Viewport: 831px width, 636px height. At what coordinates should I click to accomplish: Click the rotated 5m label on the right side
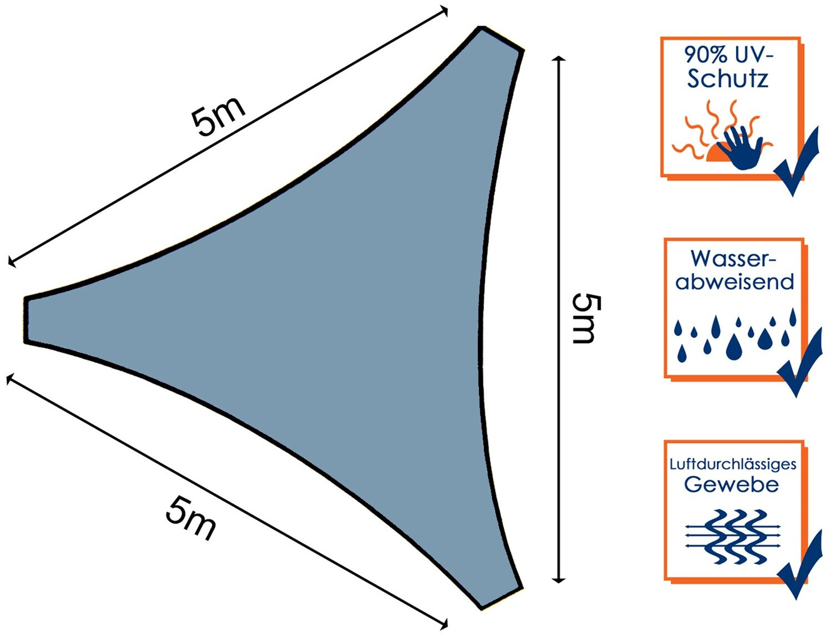click(x=586, y=319)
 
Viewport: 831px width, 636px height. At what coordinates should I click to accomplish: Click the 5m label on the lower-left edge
click(x=190, y=519)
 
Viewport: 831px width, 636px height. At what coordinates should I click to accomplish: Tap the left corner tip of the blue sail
click(x=26, y=320)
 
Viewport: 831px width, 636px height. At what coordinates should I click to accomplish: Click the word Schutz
click(x=728, y=78)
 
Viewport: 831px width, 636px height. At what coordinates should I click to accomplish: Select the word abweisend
click(x=734, y=282)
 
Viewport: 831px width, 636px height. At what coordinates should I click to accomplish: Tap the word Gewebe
click(x=731, y=484)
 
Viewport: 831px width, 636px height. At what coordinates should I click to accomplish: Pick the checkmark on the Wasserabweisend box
click(x=799, y=362)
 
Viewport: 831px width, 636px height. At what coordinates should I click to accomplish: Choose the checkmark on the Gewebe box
click(x=799, y=564)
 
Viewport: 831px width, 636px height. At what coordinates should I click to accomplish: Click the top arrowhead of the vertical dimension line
click(x=559, y=58)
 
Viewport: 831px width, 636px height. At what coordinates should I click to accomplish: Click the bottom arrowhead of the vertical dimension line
click(x=559, y=579)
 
